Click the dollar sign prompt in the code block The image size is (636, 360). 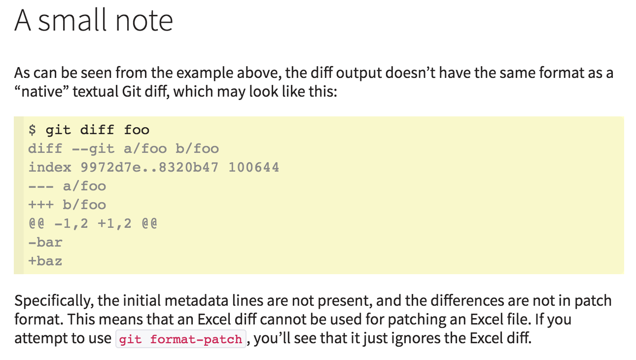click(x=33, y=130)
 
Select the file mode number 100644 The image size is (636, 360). click(x=253, y=168)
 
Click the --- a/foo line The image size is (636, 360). click(x=67, y=186)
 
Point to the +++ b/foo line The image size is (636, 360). click(x=67, y=205)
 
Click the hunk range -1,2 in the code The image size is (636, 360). click(x=71, y=224)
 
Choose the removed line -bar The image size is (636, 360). click(x=45, y=243)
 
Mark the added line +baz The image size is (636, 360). click(x=45, y=261)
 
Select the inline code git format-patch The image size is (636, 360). click(x=180, y=340)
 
